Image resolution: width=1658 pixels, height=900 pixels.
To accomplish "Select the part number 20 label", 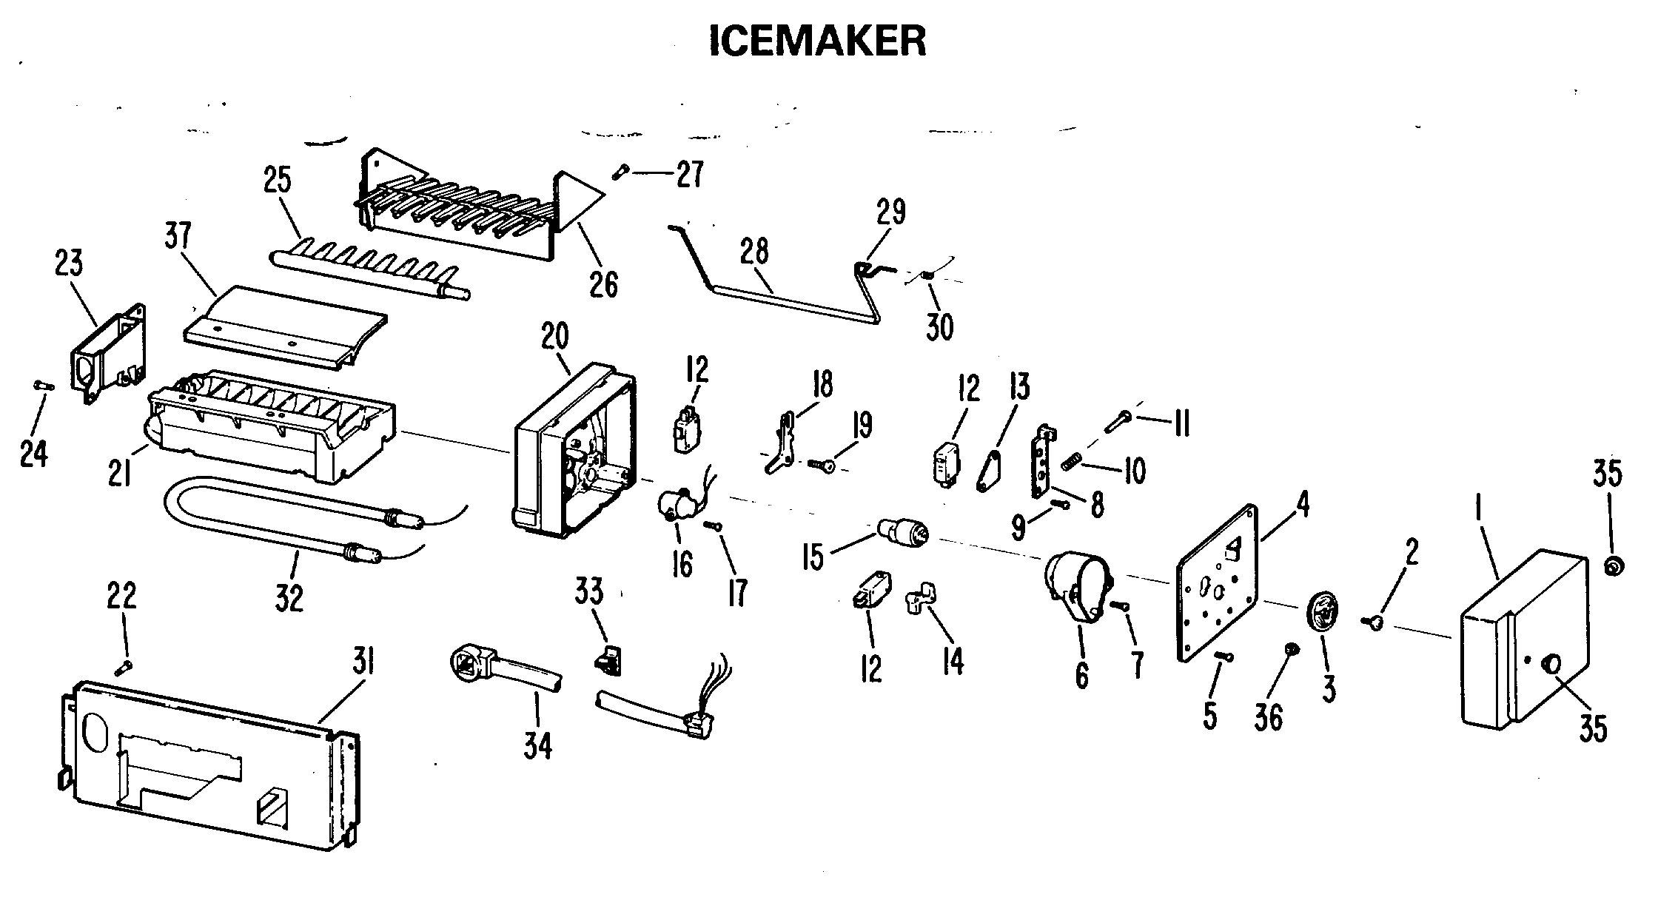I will pos(555,337).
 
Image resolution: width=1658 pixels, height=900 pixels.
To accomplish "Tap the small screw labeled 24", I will pos(42,385).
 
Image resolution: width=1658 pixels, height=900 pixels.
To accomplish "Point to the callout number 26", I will pos(603,284).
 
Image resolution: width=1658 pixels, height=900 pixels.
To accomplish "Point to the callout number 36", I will pos(1269,716).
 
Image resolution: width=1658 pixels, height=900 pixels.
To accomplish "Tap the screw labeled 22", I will pos(123,668).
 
